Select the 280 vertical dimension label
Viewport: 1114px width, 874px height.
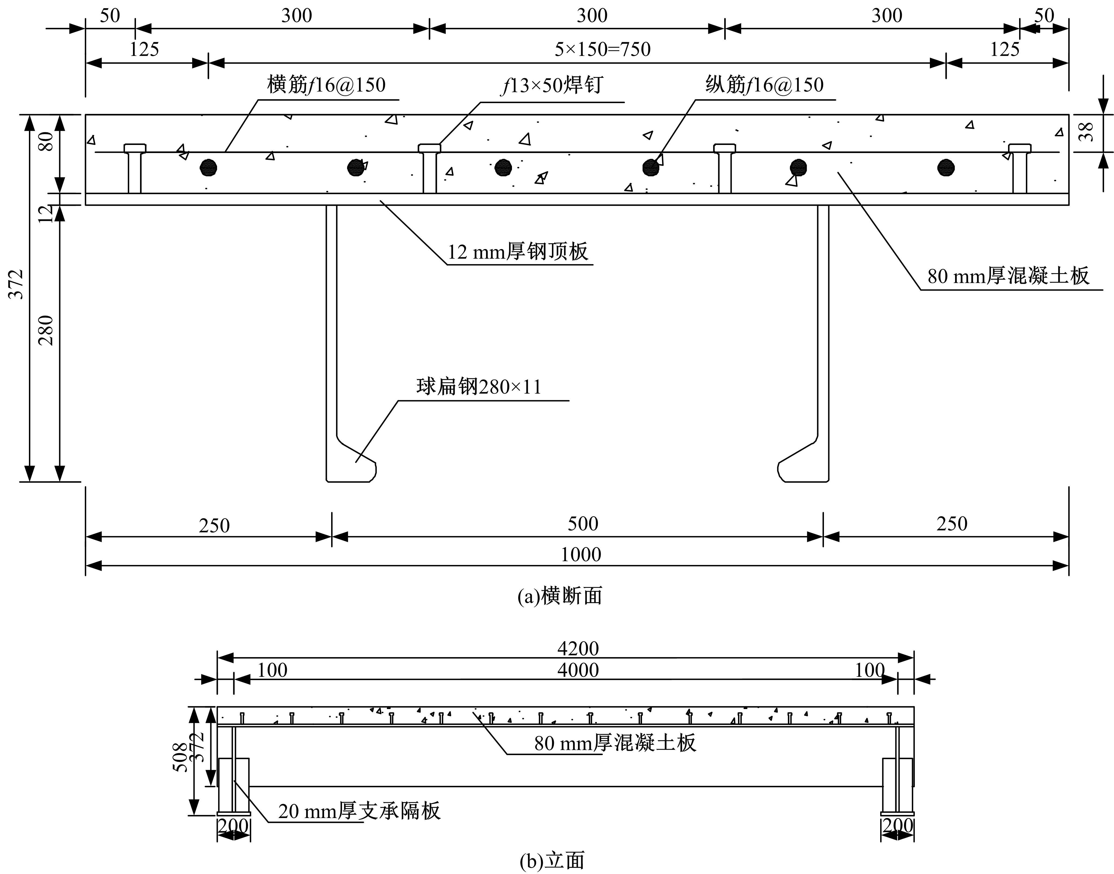pyautogui.click(x=46, y=330)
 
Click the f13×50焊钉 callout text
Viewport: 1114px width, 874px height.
pyautogui.click(x=552, y=85)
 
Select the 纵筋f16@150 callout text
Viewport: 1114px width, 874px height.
pyautogui.click(x=765, y=85)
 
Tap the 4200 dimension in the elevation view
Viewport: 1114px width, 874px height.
pyautogui.click(x=578, y=649)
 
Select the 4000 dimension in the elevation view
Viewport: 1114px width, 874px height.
pyautogui.click(x=578, y=670)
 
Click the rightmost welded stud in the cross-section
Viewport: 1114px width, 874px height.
pyautogui.click(x=1019, y=169)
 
